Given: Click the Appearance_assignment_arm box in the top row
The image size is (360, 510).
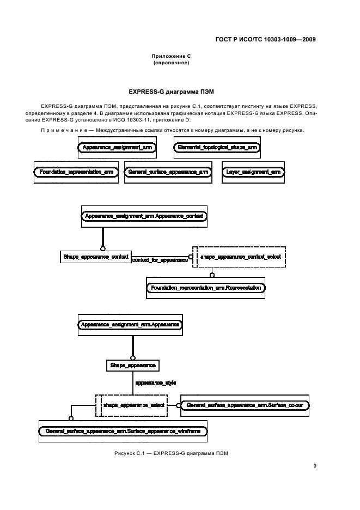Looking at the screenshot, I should [117, 148].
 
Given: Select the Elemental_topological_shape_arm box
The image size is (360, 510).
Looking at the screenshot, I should [217, 148].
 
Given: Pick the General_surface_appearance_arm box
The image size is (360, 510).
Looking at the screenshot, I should [168, 172].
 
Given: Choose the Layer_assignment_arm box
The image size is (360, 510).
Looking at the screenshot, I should [253, 172].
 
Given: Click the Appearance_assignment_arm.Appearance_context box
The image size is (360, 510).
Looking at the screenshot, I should [144, 216].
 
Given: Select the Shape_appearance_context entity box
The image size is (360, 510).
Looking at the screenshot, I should [95, 256].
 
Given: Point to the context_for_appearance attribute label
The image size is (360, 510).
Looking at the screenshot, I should [160, 260].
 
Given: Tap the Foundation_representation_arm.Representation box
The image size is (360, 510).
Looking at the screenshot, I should [205, 287].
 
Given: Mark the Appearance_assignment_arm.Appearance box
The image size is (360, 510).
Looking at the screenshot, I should [130, 325].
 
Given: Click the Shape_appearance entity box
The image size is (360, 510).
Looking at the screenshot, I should [133, 365].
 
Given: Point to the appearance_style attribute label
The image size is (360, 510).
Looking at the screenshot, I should [156, 383].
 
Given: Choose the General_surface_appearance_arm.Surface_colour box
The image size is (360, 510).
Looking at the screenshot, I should [245, 405].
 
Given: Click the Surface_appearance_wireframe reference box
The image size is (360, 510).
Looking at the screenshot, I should [123, 431].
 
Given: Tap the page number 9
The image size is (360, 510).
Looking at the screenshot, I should [314, 465].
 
